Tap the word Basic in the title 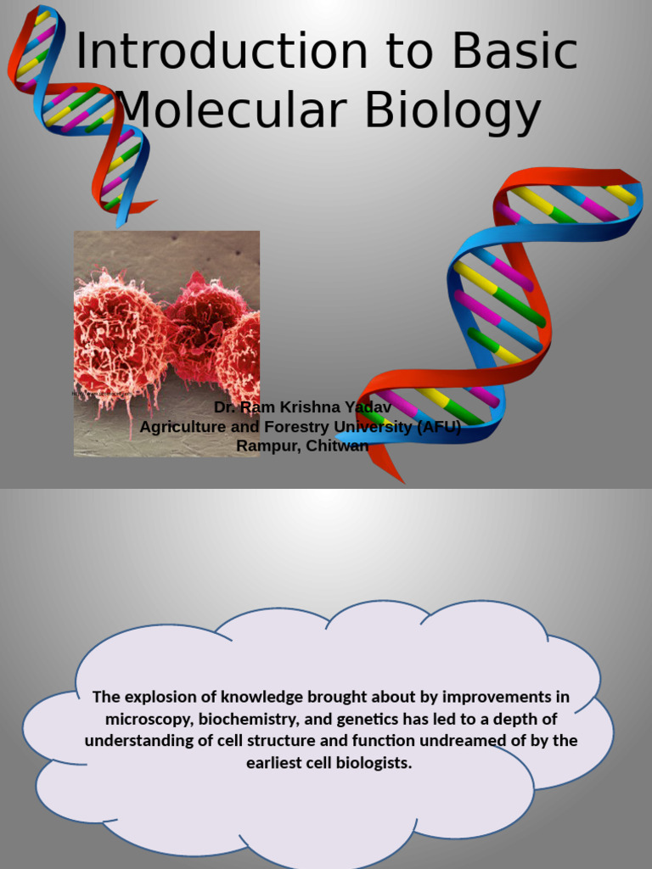pos(514,52)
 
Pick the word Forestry pos(300,427)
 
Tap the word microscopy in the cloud pos(148,720)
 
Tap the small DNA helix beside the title pos(81,110)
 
